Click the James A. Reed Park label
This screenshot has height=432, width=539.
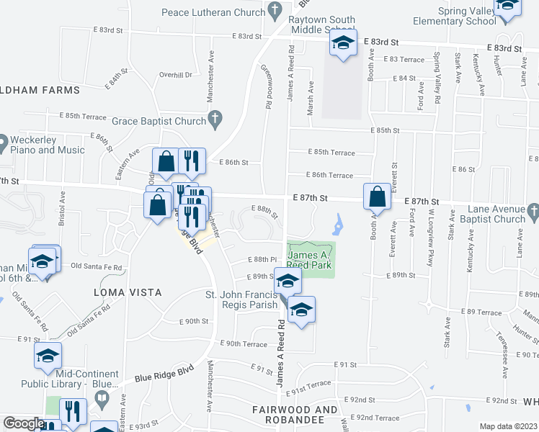click(311, 260)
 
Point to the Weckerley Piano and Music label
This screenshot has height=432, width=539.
click(48, 145)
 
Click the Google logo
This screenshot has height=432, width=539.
click(24, 424)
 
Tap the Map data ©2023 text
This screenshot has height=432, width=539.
click(507, 426)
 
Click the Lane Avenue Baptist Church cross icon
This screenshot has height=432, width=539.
click(533, 212)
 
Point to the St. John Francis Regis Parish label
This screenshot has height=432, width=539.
click(231, 300)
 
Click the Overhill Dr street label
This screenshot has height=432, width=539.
click(176, 74)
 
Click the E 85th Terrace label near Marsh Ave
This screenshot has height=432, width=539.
click(331, 153)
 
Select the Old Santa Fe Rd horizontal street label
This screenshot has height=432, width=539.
click(97, 266)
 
